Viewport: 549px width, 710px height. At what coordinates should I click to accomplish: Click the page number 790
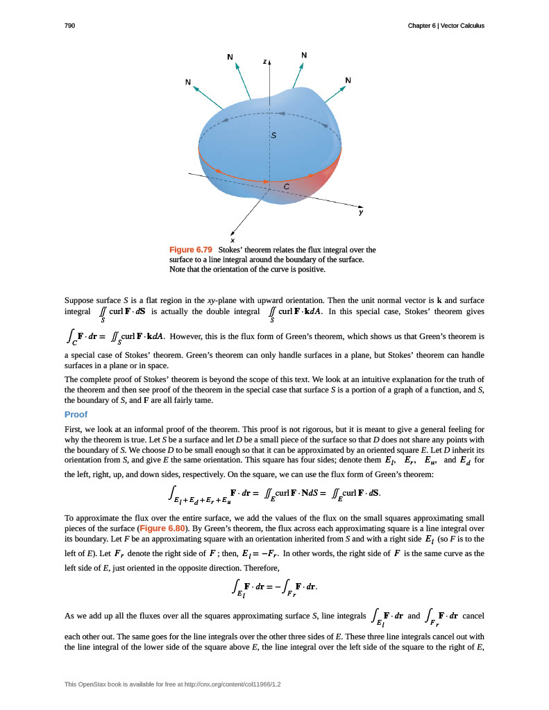tap(70, 26)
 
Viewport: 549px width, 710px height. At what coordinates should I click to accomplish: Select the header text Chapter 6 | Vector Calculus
tap(447, 26)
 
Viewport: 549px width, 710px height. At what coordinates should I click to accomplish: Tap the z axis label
tap(264, 62)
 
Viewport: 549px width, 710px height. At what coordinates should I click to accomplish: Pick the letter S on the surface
tap(273, 137)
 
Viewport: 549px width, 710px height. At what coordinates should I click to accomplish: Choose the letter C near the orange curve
tap(286, 187)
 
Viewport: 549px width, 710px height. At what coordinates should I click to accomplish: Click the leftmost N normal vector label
tap(187, 82)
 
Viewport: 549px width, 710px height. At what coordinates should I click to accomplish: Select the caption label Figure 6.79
tap(190, 250)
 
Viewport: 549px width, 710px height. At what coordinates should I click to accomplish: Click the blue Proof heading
tap(76, 415)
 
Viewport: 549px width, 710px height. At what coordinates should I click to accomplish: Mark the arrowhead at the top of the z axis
tap(269, 62)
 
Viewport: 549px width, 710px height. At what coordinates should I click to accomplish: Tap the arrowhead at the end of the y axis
tap(360, 205)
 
